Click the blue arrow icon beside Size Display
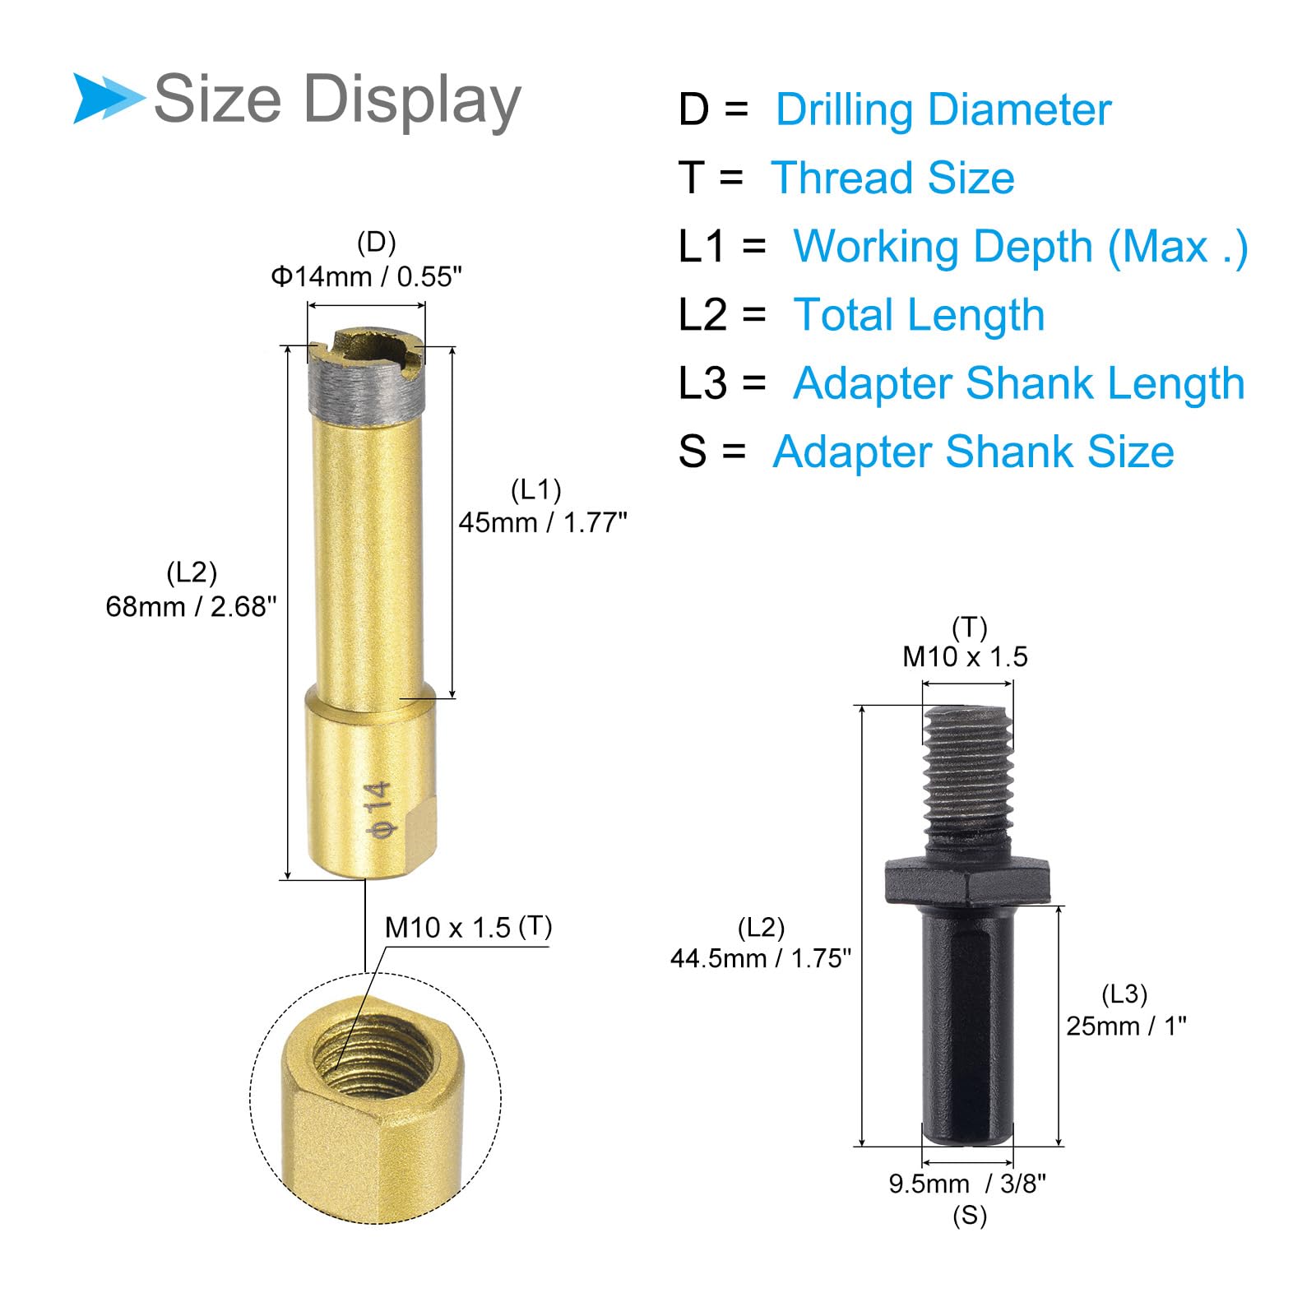pos(107,99)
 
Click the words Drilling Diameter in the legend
pos(943,110)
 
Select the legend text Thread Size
pos(892,178)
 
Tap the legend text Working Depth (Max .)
pos(1020,247)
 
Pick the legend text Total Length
pos(919,315)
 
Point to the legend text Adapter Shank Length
pos(1019,383)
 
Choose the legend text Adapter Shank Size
pos(973,452)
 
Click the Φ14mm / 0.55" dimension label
pos(367,276)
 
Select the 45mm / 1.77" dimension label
pos(543,522)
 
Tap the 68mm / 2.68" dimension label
pos(191,606)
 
